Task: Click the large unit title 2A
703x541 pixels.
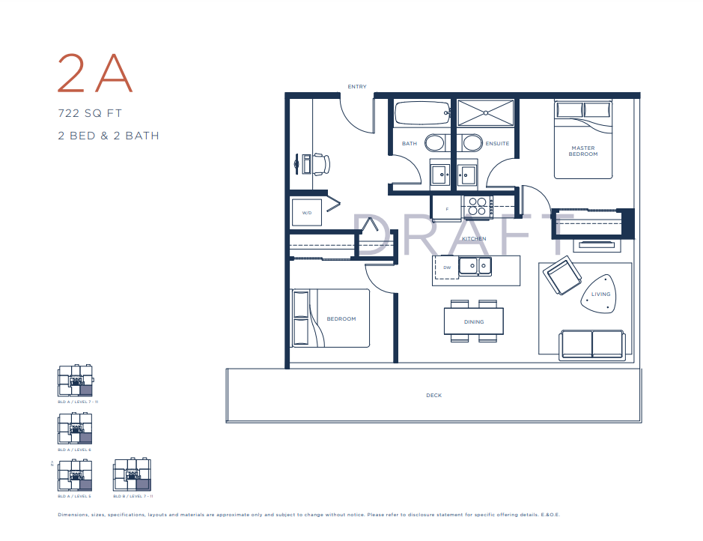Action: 95,73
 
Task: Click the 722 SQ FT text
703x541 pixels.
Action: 90,114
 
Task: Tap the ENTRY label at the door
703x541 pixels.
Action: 357,87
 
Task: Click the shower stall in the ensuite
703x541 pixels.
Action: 486,113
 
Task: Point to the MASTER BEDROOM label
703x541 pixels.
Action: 583,151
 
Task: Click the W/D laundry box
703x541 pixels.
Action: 307,213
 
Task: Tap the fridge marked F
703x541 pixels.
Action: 447,209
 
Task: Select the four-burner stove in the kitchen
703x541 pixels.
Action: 476,206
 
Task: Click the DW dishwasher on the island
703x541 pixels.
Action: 447,268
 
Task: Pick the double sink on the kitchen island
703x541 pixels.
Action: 475,266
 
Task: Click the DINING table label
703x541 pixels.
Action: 474,321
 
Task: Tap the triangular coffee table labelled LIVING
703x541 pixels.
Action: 600,294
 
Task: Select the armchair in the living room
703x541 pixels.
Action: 563,276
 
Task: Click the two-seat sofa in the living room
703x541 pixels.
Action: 591,344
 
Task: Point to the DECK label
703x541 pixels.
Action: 433,395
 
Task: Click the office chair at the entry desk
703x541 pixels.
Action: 320,163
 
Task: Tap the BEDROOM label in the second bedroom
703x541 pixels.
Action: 341,318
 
